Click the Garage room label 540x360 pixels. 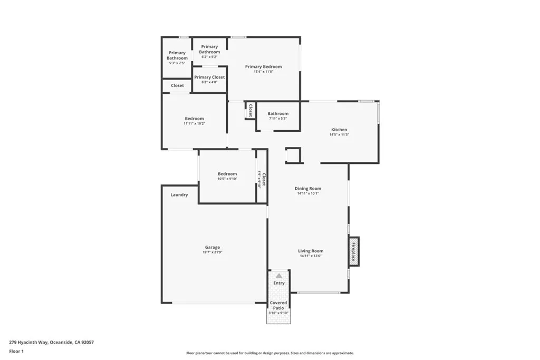213,247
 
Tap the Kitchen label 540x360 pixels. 339,130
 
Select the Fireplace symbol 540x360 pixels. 353,251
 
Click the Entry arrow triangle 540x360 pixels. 279,275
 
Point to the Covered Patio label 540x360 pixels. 278,305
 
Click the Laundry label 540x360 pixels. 179,195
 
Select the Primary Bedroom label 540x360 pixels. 263,67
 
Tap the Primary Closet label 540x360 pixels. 209,77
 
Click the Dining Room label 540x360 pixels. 308,189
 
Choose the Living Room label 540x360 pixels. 311,251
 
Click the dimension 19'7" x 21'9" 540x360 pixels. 213,252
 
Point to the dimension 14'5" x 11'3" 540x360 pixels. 339,135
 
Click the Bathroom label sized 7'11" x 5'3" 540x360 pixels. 278,114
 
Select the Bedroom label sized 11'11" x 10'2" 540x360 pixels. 194,119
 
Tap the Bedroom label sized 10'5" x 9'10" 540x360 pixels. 227,174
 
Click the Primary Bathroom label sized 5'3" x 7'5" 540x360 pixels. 177,55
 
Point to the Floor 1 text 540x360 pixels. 16,351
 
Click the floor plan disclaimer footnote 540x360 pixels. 269,353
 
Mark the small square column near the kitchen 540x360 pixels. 293,155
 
